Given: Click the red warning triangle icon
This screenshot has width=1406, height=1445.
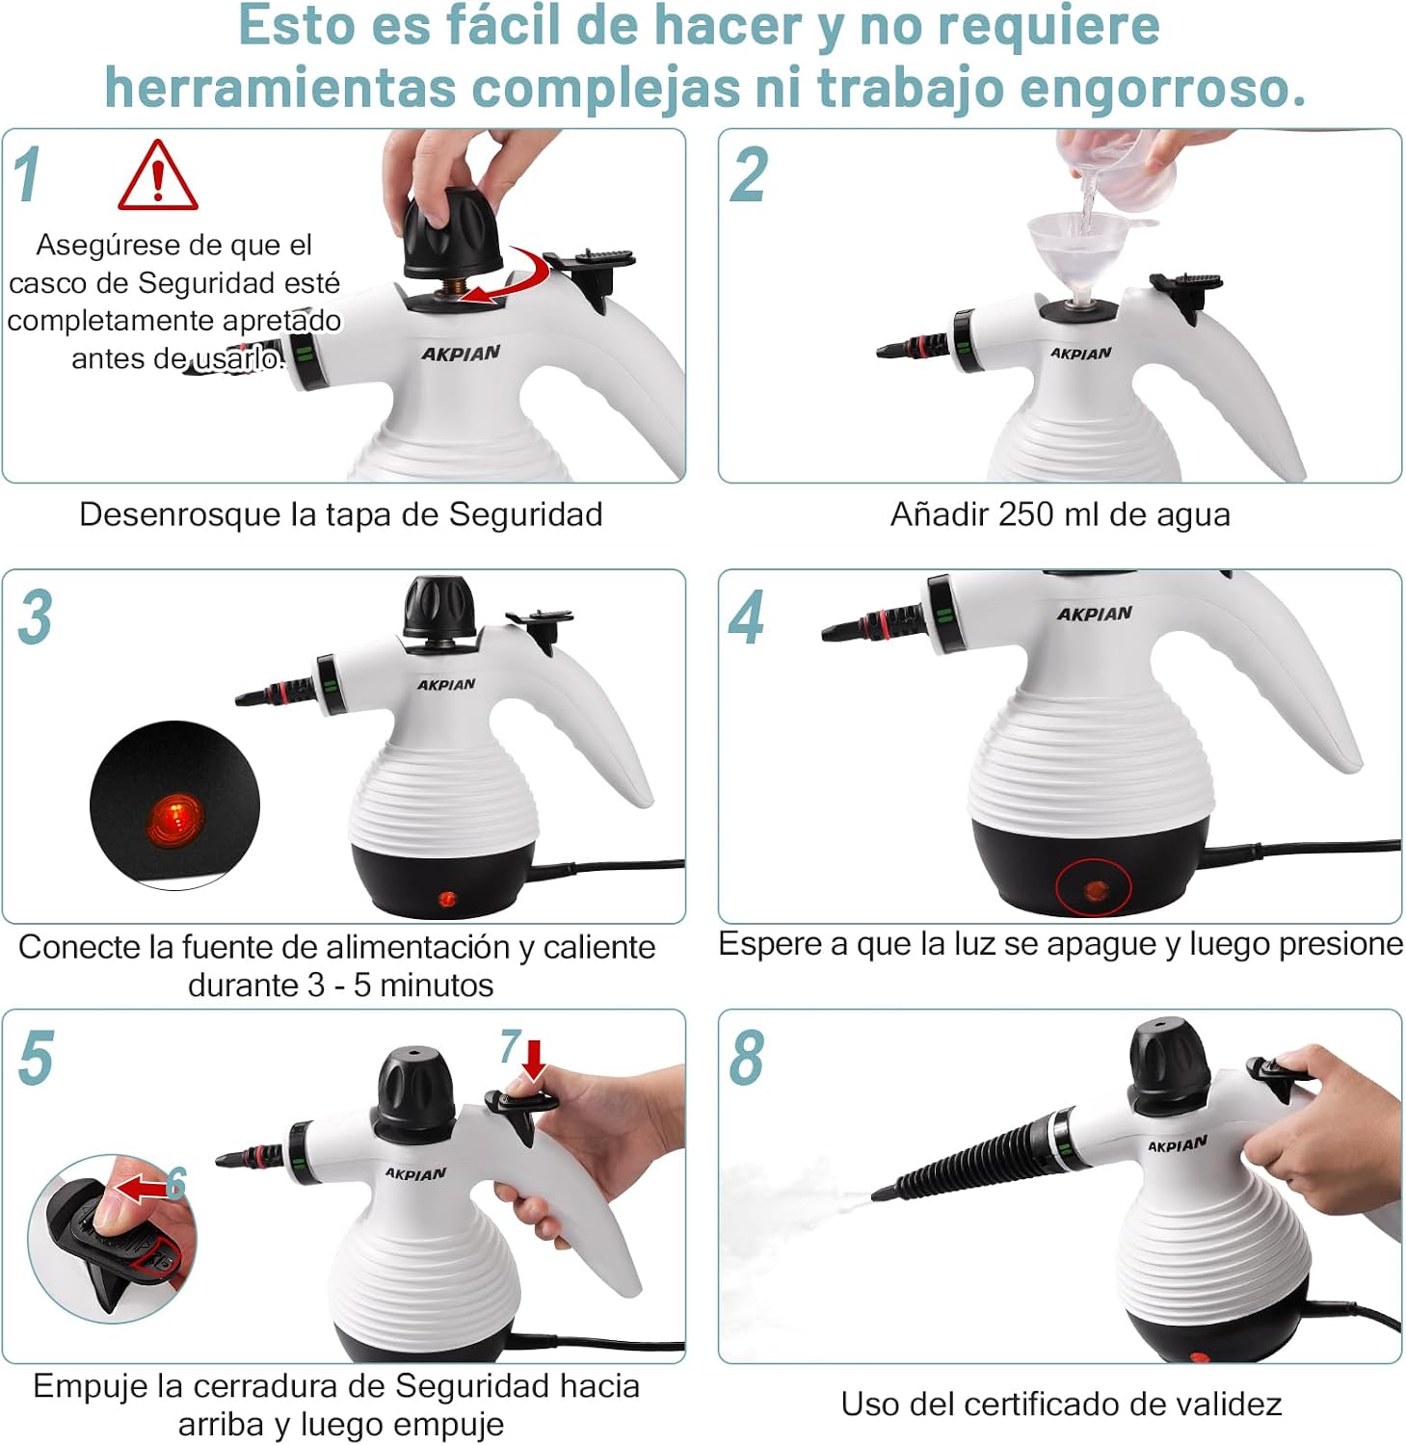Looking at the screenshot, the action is [158, 176].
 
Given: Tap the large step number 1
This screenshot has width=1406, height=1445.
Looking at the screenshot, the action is [27, 174].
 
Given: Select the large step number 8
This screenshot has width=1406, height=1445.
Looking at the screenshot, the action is [747, 1058].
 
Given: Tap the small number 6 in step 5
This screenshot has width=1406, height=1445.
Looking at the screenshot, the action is [175, 1183].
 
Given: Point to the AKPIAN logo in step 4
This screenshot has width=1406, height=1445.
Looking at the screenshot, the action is [1095, 614].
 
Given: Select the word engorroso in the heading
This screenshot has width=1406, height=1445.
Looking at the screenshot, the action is [1162, 88].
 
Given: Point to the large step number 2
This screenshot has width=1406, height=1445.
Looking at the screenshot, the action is [750, 174].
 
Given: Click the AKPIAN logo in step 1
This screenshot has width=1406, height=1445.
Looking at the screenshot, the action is [461, 354].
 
